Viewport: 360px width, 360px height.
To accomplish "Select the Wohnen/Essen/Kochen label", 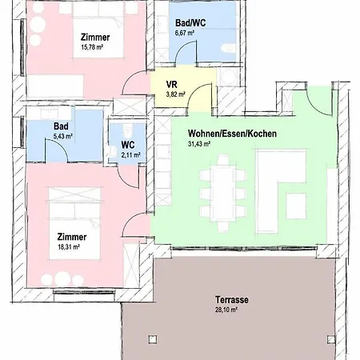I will (232, 134).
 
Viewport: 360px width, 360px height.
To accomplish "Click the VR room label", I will (171, 84).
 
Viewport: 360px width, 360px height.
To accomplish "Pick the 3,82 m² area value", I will (175, 94).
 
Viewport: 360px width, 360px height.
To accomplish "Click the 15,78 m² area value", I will (93, 46).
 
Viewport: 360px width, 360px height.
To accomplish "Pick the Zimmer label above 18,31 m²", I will (72, 238).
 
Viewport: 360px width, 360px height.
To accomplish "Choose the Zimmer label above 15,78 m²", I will (95, 37).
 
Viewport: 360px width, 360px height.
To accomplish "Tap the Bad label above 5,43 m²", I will (62, 126).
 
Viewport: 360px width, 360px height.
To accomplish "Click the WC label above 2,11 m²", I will (127, 145).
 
